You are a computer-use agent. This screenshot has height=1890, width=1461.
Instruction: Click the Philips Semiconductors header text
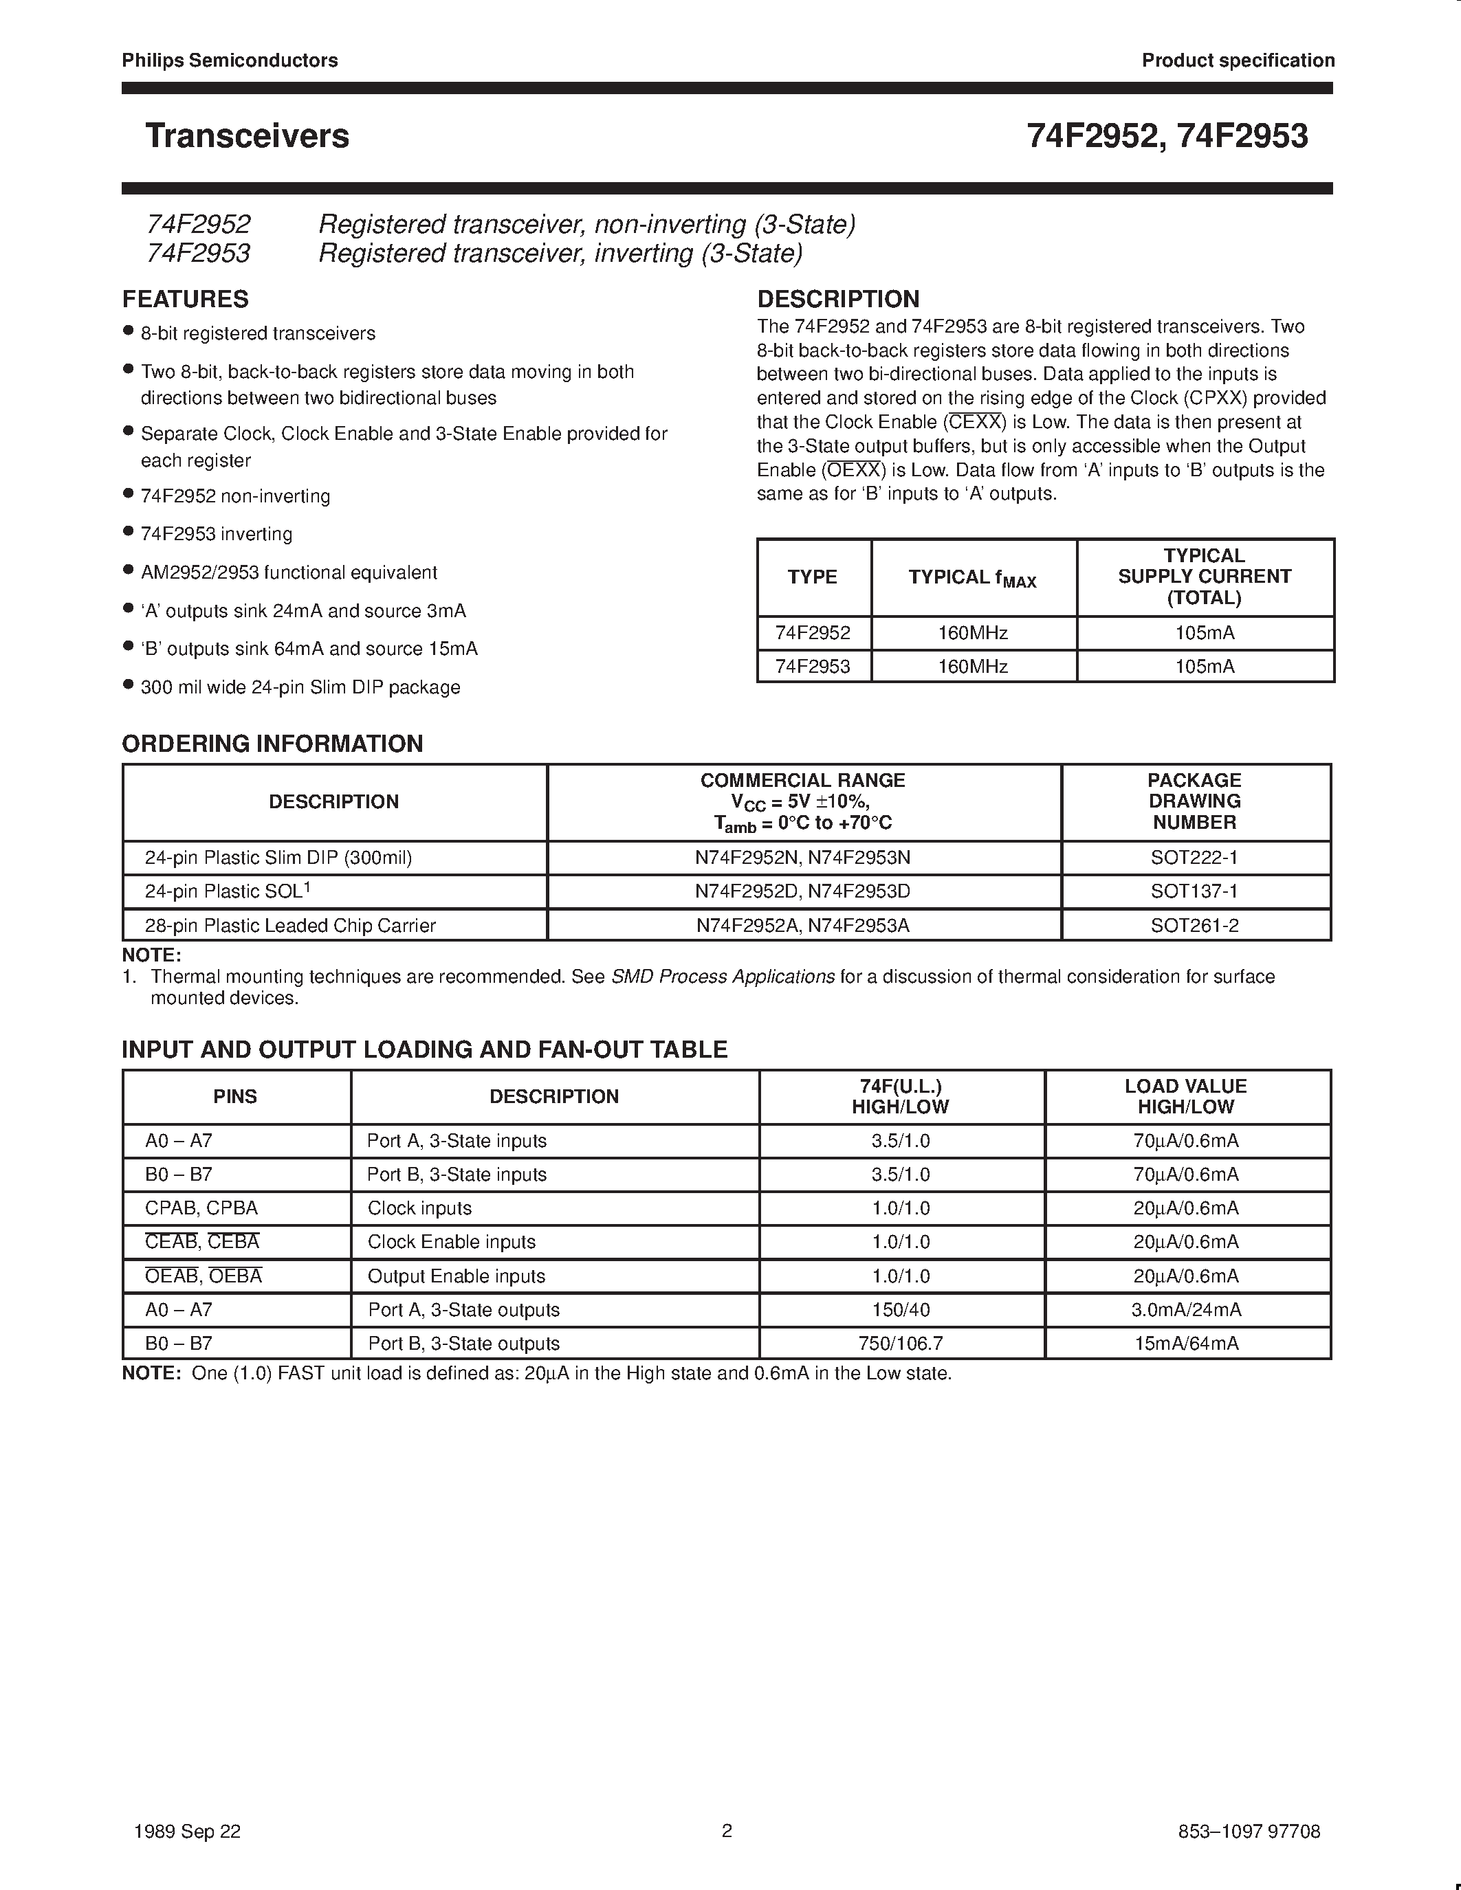(x=230, y=60)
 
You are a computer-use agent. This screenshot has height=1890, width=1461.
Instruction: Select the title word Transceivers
(x=248, y=136)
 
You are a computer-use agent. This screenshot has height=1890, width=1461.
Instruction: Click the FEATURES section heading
(x=185, y=300)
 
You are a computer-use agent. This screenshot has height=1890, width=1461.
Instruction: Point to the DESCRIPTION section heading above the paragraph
(x=838, y=300)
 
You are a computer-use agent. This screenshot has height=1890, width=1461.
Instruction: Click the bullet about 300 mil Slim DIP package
(x=300, y=687)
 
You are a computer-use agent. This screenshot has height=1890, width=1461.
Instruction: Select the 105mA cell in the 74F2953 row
(x=1204, y=667)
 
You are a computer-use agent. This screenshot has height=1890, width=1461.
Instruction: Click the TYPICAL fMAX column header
(x=973, y=578)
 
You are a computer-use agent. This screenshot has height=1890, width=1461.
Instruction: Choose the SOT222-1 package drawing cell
(x=1194, y=858)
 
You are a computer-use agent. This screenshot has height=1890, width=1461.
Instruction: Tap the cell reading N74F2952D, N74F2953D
(x=802, y=891)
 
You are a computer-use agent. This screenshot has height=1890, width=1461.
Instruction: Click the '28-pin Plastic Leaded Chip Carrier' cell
(x=290, y=926)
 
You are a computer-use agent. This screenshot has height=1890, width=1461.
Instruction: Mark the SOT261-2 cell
(x=1194, y=926)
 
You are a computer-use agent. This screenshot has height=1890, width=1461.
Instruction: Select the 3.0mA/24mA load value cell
(x=1186, y=1310)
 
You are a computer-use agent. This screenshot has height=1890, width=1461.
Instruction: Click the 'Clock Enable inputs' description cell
(x=451, y=1243)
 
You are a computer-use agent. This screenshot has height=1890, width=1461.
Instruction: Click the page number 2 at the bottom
(x=727, y=1831)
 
